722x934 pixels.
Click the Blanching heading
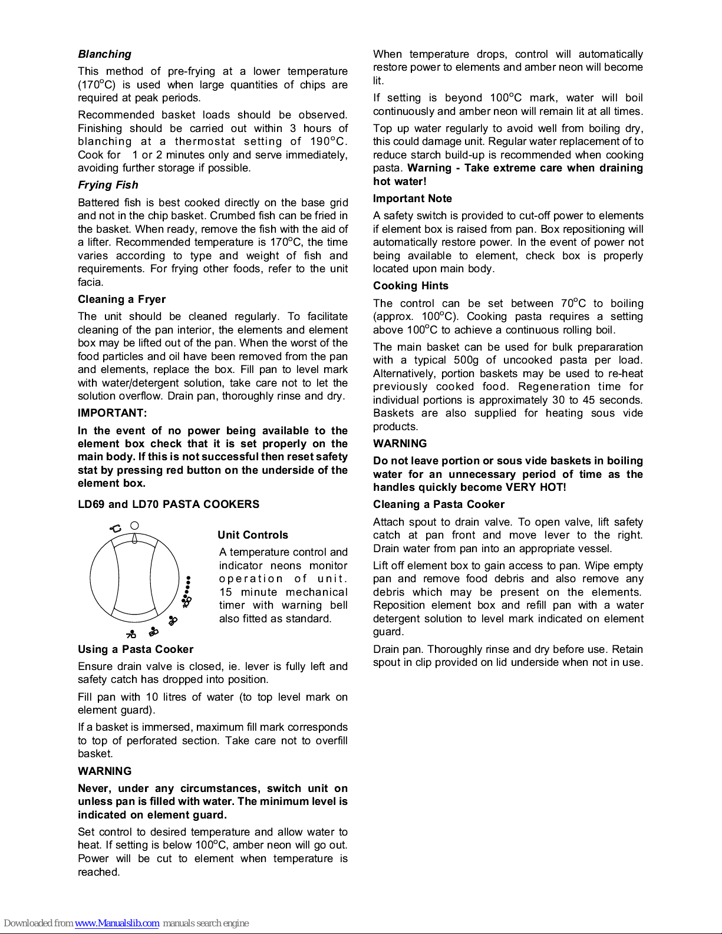(x=104, y=54)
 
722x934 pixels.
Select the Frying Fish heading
(x=108, y=185)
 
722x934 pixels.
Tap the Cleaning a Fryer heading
(x=121, y=299)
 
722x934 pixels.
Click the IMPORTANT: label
(x=112, y=413)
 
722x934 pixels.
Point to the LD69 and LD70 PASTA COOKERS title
(x=168, y=504)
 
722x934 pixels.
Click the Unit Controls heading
(x=252, y=535)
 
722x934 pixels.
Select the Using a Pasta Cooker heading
(x=136, y=649)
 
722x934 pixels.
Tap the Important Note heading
(x=412, y=199)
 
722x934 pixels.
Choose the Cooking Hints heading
(x=410, y=286)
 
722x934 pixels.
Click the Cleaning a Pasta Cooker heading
(x=439, y=504)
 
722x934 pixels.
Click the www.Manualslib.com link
(x=117, y=923)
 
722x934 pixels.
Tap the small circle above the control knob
(x=134, y=525)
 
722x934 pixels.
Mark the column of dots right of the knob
(x=188, y=588)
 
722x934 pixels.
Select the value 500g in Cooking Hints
(x=466, y=360)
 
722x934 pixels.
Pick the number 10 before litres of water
(x=152, y=697)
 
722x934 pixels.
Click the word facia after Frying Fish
(x=90, y=282)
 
